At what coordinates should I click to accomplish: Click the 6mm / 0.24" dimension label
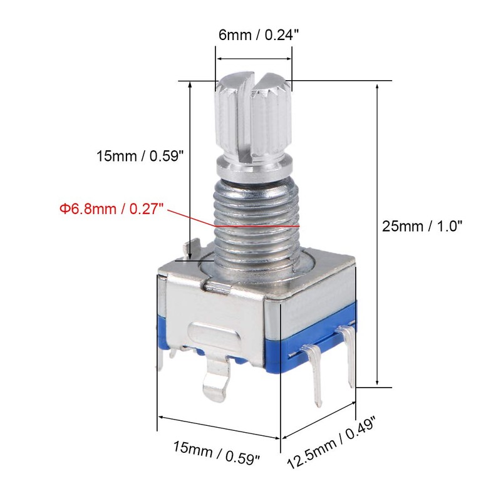pyautogui.click(x=254, y=35)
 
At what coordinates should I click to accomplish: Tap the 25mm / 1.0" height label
pyautogui.click(x=422, y=226)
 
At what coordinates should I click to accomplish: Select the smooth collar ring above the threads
pyautogui.click(x=254, y=168)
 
